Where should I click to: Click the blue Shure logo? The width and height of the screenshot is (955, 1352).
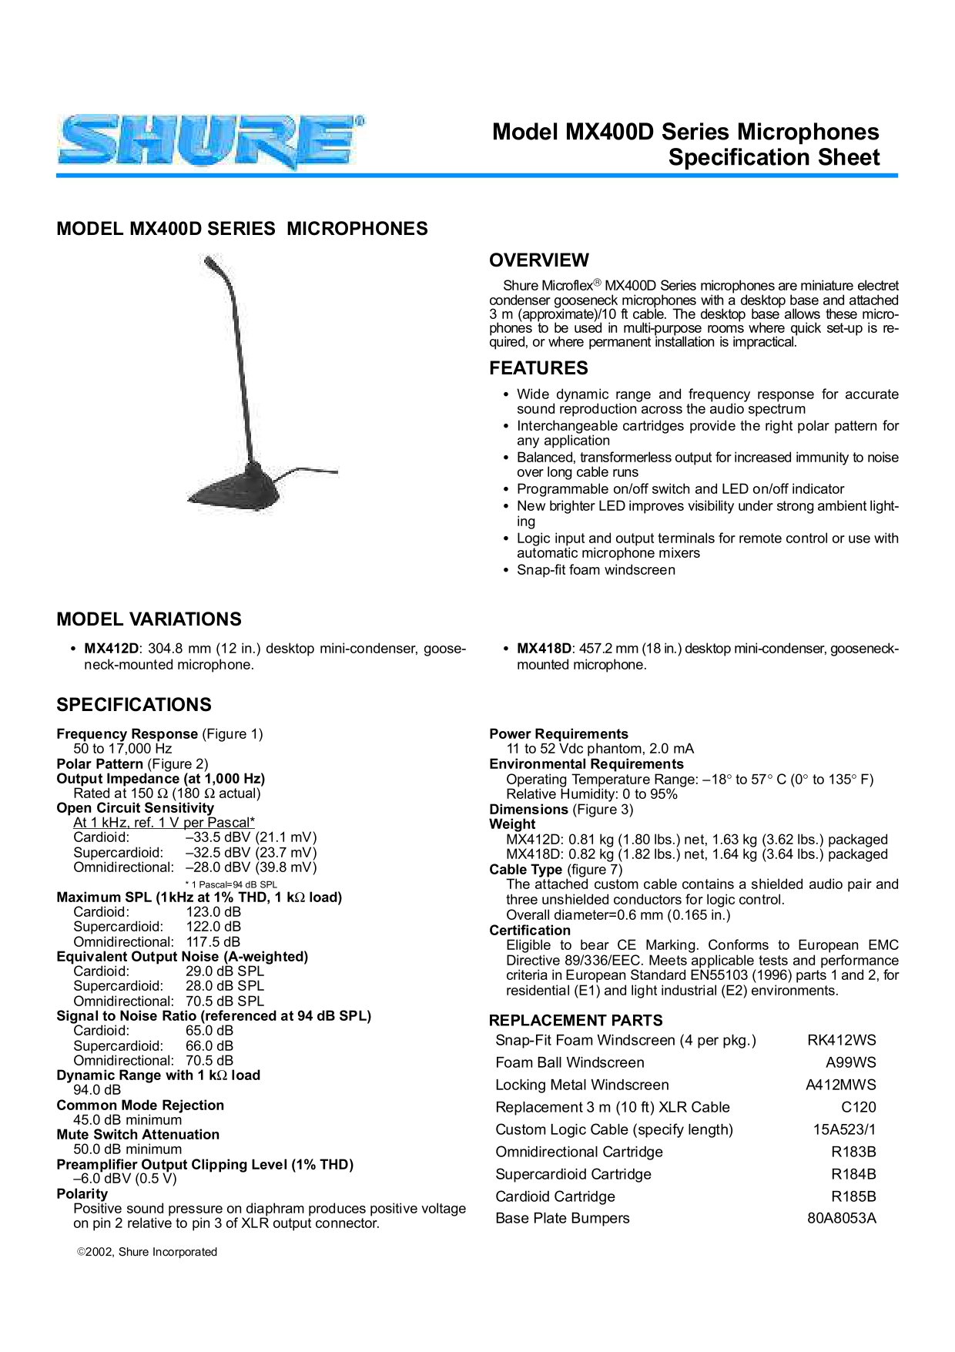click(x=210, y=143)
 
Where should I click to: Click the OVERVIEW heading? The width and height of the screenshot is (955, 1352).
click(x=539, y=260)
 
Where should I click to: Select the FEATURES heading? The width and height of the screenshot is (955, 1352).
click(x=538, y=368)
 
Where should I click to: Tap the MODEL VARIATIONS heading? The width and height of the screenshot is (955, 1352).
click(x=149, y=619)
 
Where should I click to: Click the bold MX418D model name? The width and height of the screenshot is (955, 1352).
click(x=544, y=649)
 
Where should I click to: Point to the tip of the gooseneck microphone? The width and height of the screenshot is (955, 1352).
click(x=208, y=262)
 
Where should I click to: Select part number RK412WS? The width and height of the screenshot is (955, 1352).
click(x=841, y=1041)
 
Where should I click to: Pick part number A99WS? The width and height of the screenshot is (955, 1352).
click(x=850, y=1063)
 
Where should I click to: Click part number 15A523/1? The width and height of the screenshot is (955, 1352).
click(x=844, y=1130)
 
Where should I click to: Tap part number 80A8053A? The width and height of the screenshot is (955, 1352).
click(x=841, y=1219)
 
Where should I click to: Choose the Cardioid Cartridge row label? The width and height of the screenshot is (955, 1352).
click(x=555, y=1196)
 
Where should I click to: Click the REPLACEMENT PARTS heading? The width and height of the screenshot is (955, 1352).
click(x=575, y=1021)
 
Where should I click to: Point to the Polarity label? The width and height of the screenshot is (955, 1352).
click(x=82, y=1194)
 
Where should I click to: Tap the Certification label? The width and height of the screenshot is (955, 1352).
click(x=530, y=931)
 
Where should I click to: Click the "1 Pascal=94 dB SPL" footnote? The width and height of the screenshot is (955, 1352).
click(x=231, y=884)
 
